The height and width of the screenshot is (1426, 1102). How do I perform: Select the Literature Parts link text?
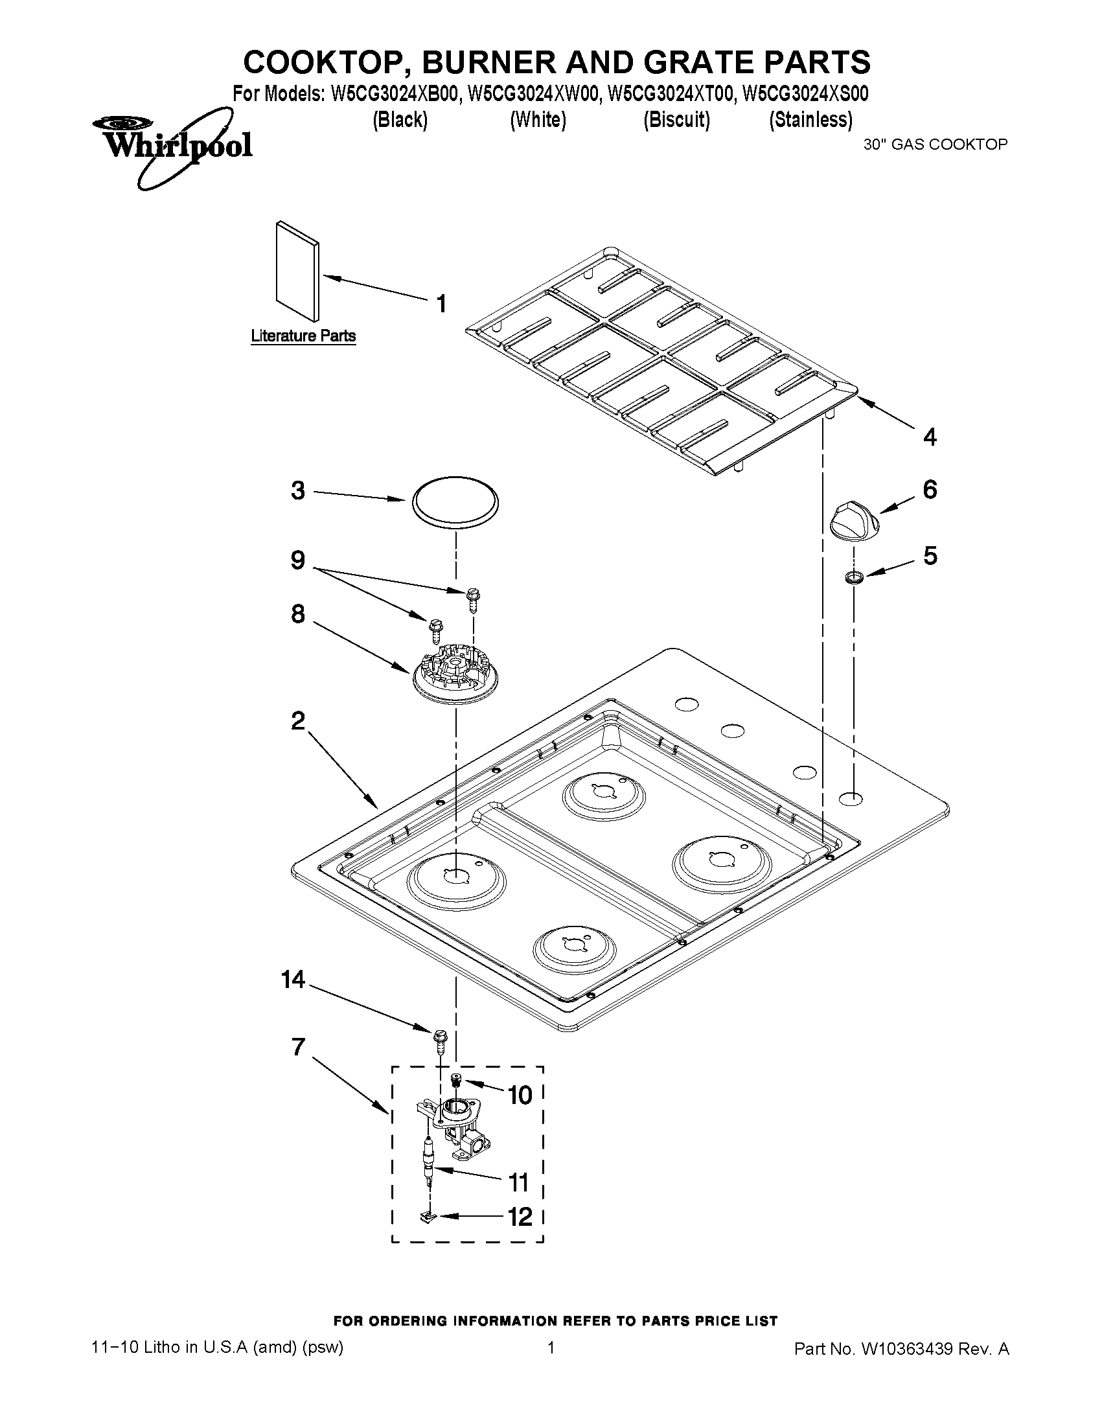pyautogui.click(x=303, y=336)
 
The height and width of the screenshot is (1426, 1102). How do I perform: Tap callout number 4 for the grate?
pyautogui.click(x=930, y=437)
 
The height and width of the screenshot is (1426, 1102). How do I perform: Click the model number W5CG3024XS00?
pyautogui.click(x=806, y=95)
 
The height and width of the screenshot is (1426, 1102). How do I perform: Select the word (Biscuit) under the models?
pyautogui.click(x=676, y=120)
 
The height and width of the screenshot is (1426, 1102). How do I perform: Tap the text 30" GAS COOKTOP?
pyautogui.click(x=936, y=145)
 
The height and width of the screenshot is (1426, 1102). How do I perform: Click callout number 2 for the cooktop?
pyautogui.click(x=298, y=722)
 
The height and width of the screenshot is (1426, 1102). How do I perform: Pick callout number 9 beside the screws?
pyautogui.click(x=298, y=560)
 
